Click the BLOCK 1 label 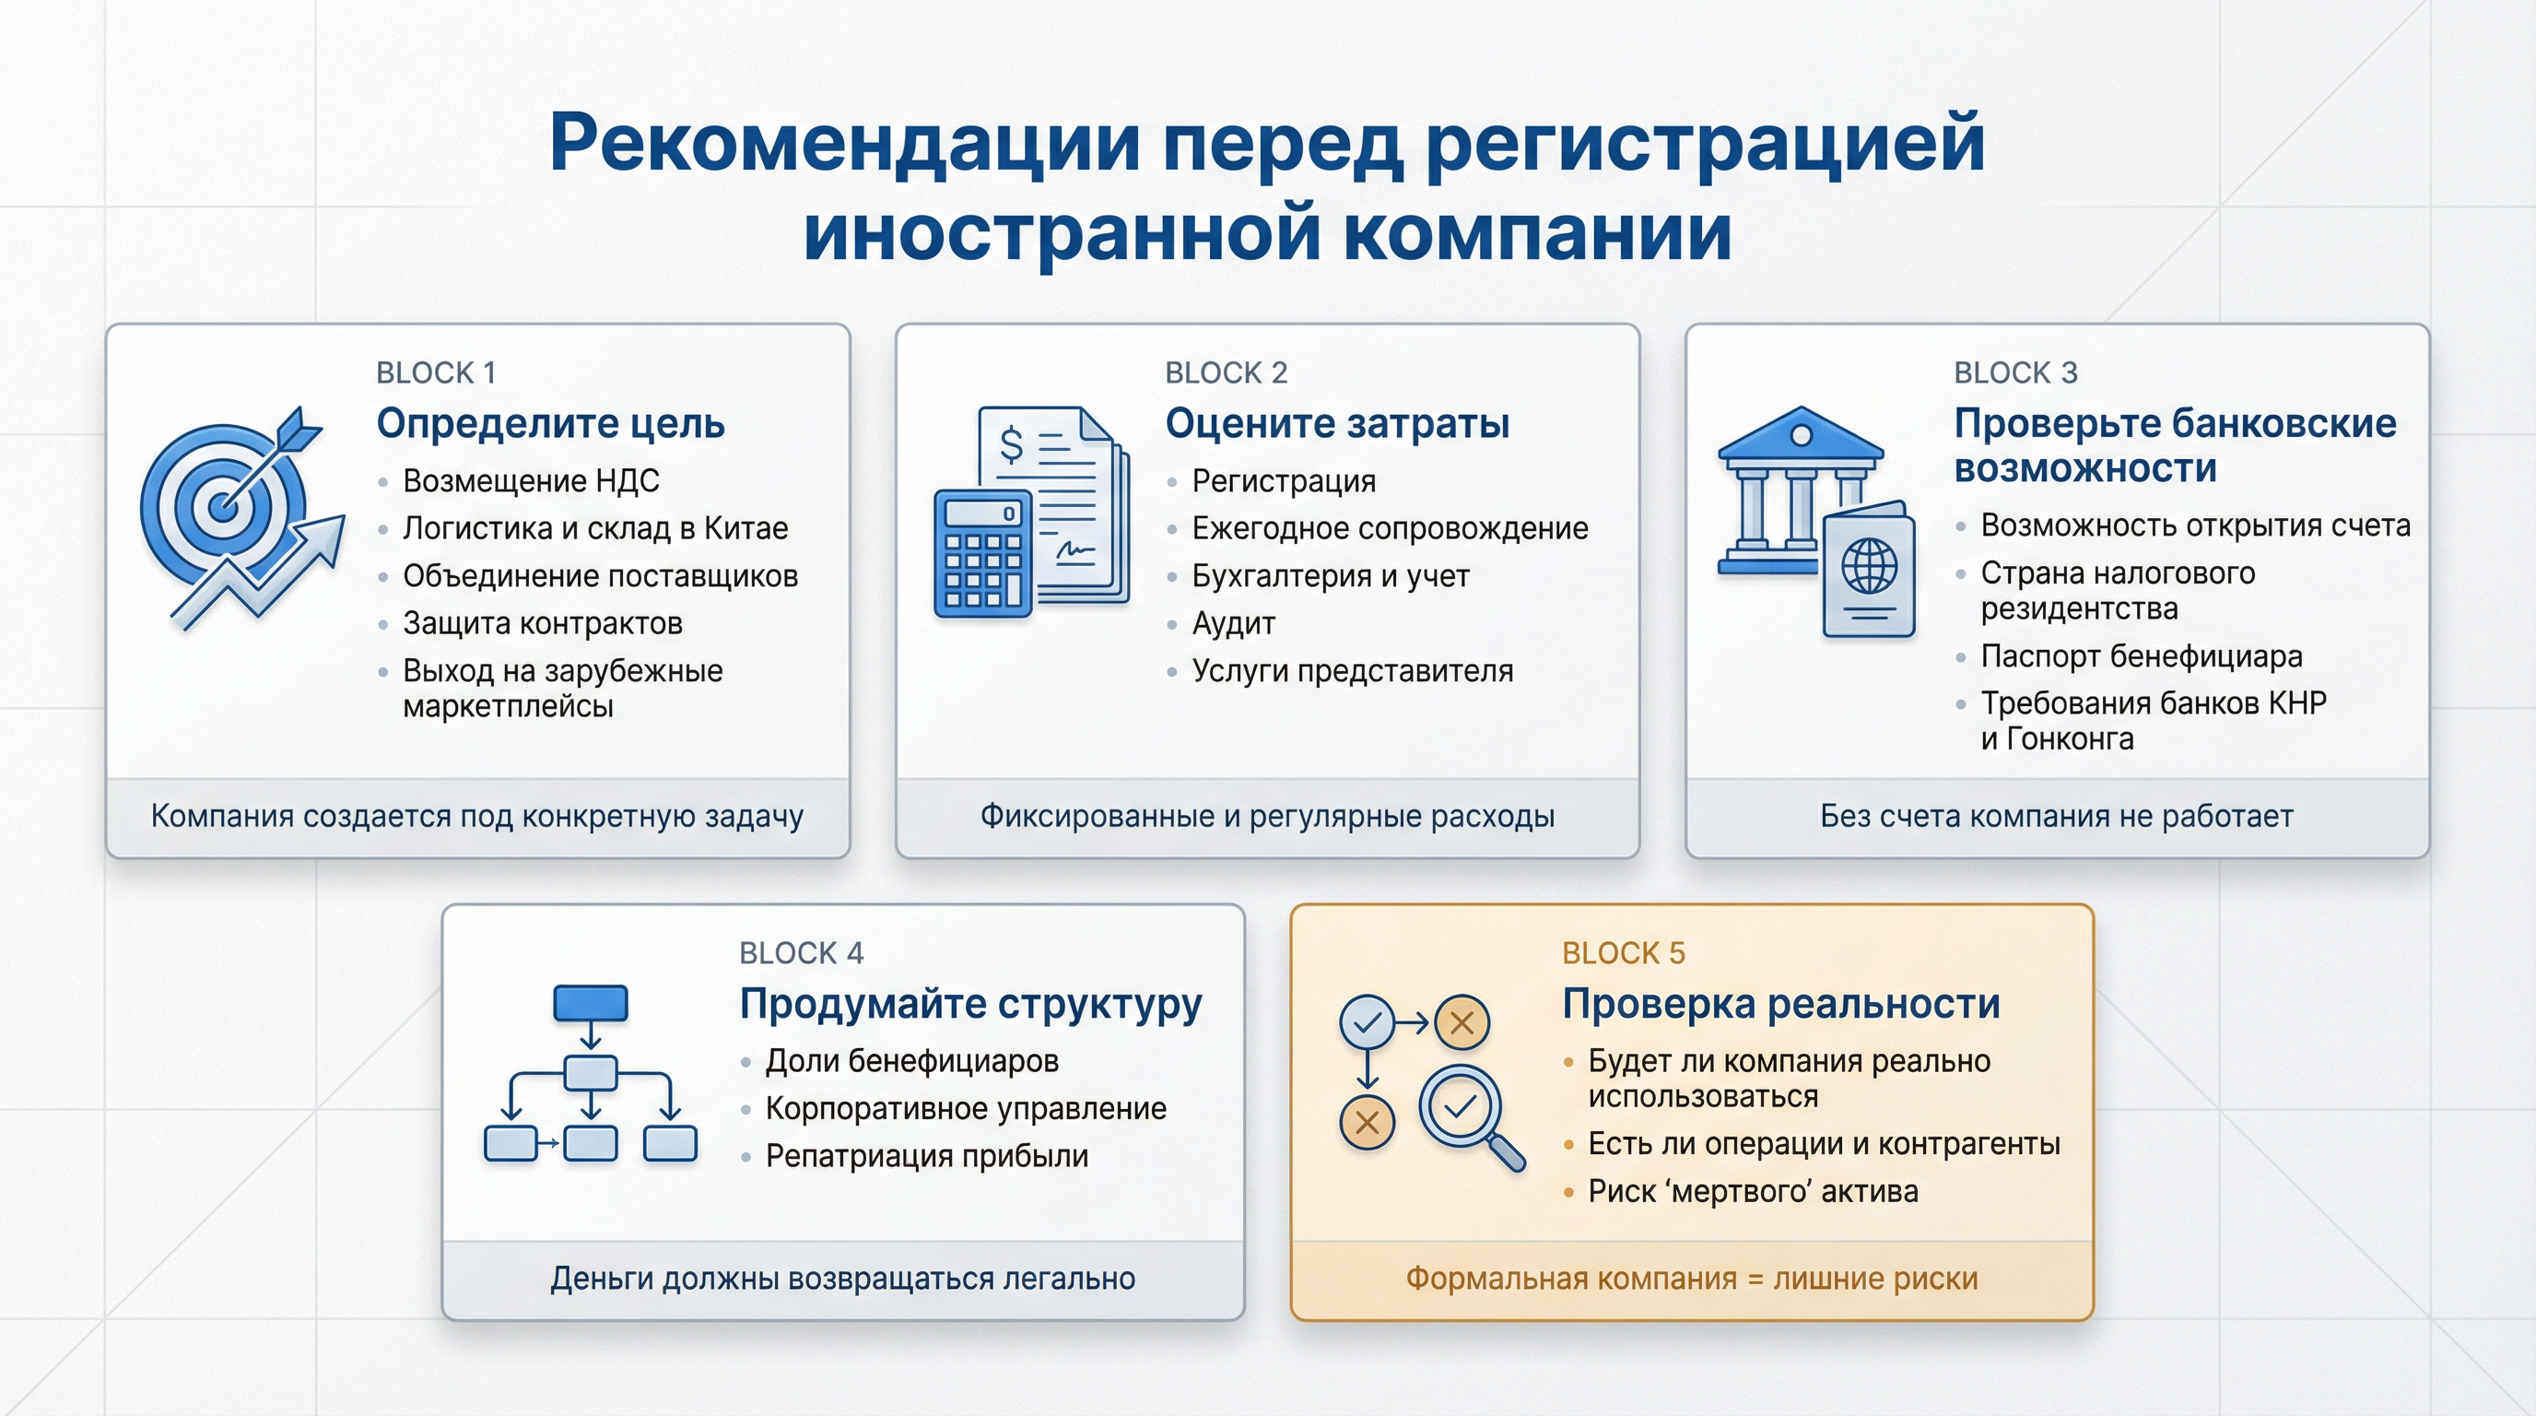click(435, 373)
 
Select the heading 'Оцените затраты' click(1337, 423)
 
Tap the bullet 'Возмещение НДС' click(531, 480)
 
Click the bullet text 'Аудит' click(1234, 623)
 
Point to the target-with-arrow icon click(236, 512)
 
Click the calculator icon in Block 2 click(982, 553)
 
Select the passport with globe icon click(1869, 572)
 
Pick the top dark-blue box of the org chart click(591, 1003)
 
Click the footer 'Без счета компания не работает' click(2057, 816)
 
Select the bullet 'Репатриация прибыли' click(926, 1156)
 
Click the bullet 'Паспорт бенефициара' click(2142, 655)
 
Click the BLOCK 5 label click(1624, 953)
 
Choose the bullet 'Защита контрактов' click(543, 623)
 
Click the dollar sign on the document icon click(1011, 444)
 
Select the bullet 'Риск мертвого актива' click(1753, 1191)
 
